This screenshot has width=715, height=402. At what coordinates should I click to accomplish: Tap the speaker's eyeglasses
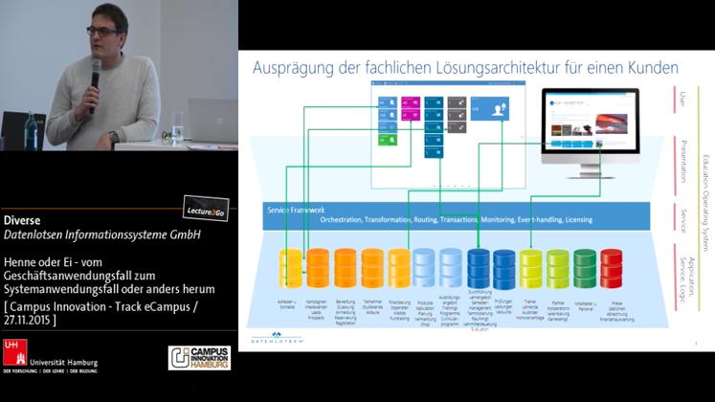102,31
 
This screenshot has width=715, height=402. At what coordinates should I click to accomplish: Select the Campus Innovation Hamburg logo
198,357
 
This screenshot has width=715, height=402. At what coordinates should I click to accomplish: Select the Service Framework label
298,210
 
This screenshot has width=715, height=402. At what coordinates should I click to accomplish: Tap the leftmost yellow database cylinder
288,269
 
